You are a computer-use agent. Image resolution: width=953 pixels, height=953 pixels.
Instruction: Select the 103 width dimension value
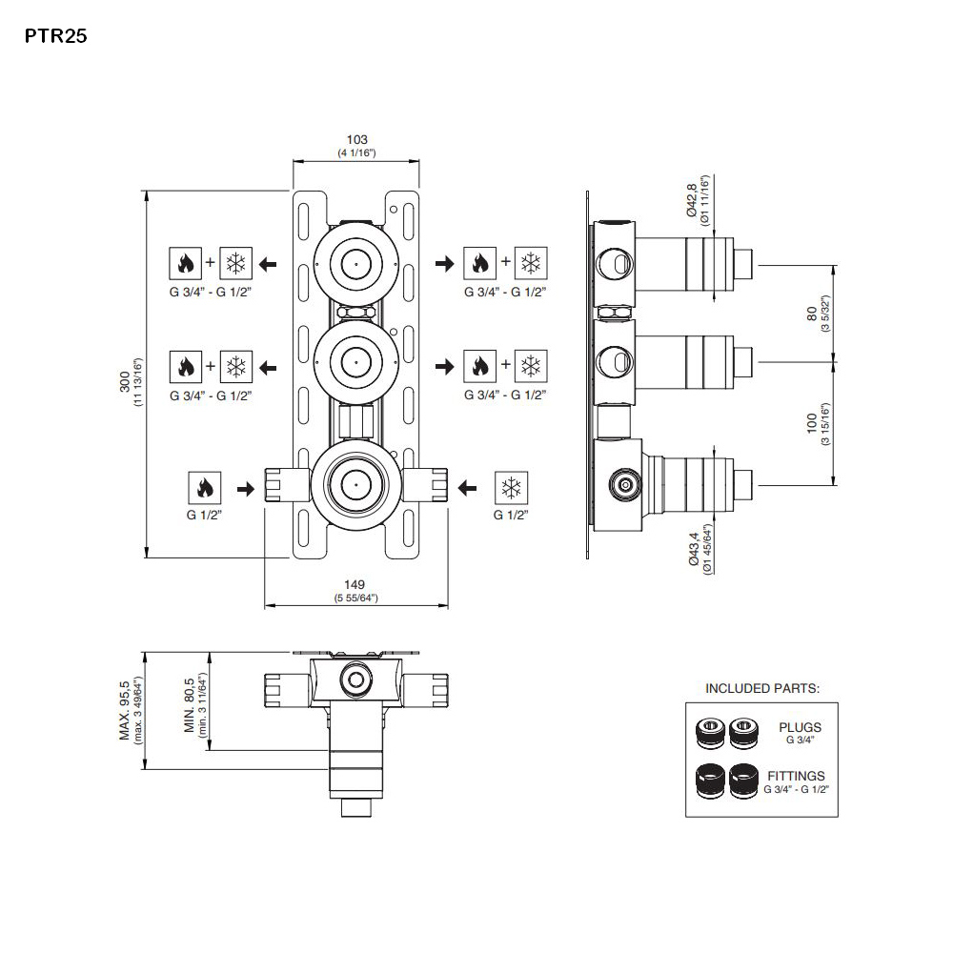click(x=356, y=140)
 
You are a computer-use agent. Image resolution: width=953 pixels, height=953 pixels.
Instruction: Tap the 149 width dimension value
click(x=356, y=584)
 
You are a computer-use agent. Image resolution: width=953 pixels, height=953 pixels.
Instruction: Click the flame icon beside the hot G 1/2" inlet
click(x=205, y=489)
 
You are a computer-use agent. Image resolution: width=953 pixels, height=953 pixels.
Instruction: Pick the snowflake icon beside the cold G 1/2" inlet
click(x=510, y=489)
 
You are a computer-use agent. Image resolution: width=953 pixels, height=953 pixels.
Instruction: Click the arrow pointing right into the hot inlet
click(x=245, y=489)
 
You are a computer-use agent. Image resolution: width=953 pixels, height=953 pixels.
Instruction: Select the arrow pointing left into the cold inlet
click(x=467, y=489)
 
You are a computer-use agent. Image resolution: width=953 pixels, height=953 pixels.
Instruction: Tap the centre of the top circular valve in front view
click(x=355, y=260)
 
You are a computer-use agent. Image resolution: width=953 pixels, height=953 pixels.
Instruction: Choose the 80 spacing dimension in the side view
click(x=811, y=313)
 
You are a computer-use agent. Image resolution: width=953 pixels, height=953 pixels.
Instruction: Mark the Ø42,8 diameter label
click(x=693, y=199)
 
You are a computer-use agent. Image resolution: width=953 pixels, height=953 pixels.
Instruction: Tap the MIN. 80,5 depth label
click(x=190, y=706)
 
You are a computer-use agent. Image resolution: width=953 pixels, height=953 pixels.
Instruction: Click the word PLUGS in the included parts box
click(x=800, y=727)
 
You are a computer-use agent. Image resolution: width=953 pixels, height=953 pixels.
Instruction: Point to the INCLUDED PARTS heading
click(x=762, y=687)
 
